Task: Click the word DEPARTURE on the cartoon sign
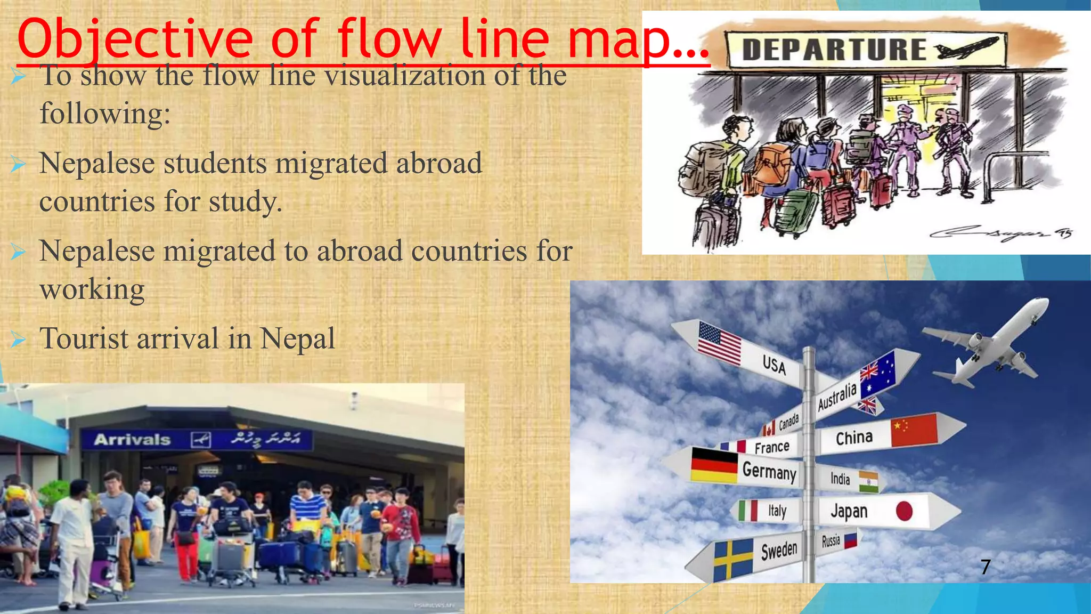(x=834, y=50)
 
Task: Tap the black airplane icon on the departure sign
(x=965, y=49)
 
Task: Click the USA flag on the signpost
(x=719, y=343)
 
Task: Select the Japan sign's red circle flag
(x=904, y=511)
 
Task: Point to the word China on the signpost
(x=854, y=438)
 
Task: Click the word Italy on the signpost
(x=777, y=511)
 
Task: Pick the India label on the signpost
(x=840, y=479)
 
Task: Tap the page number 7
(x=986, y=567)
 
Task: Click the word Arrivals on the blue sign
(x=132, y=440)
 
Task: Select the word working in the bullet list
(x=92, y=289)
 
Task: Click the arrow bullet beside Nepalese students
(x=18, y=164)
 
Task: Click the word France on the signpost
(x=771, y=447)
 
